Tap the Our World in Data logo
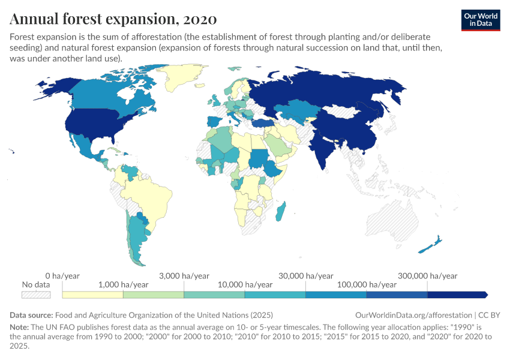481,20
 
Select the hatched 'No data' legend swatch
36,295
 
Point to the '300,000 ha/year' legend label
427,275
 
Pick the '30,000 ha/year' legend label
305,275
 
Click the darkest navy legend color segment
456,295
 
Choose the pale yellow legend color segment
92,295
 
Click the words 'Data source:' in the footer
31,315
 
